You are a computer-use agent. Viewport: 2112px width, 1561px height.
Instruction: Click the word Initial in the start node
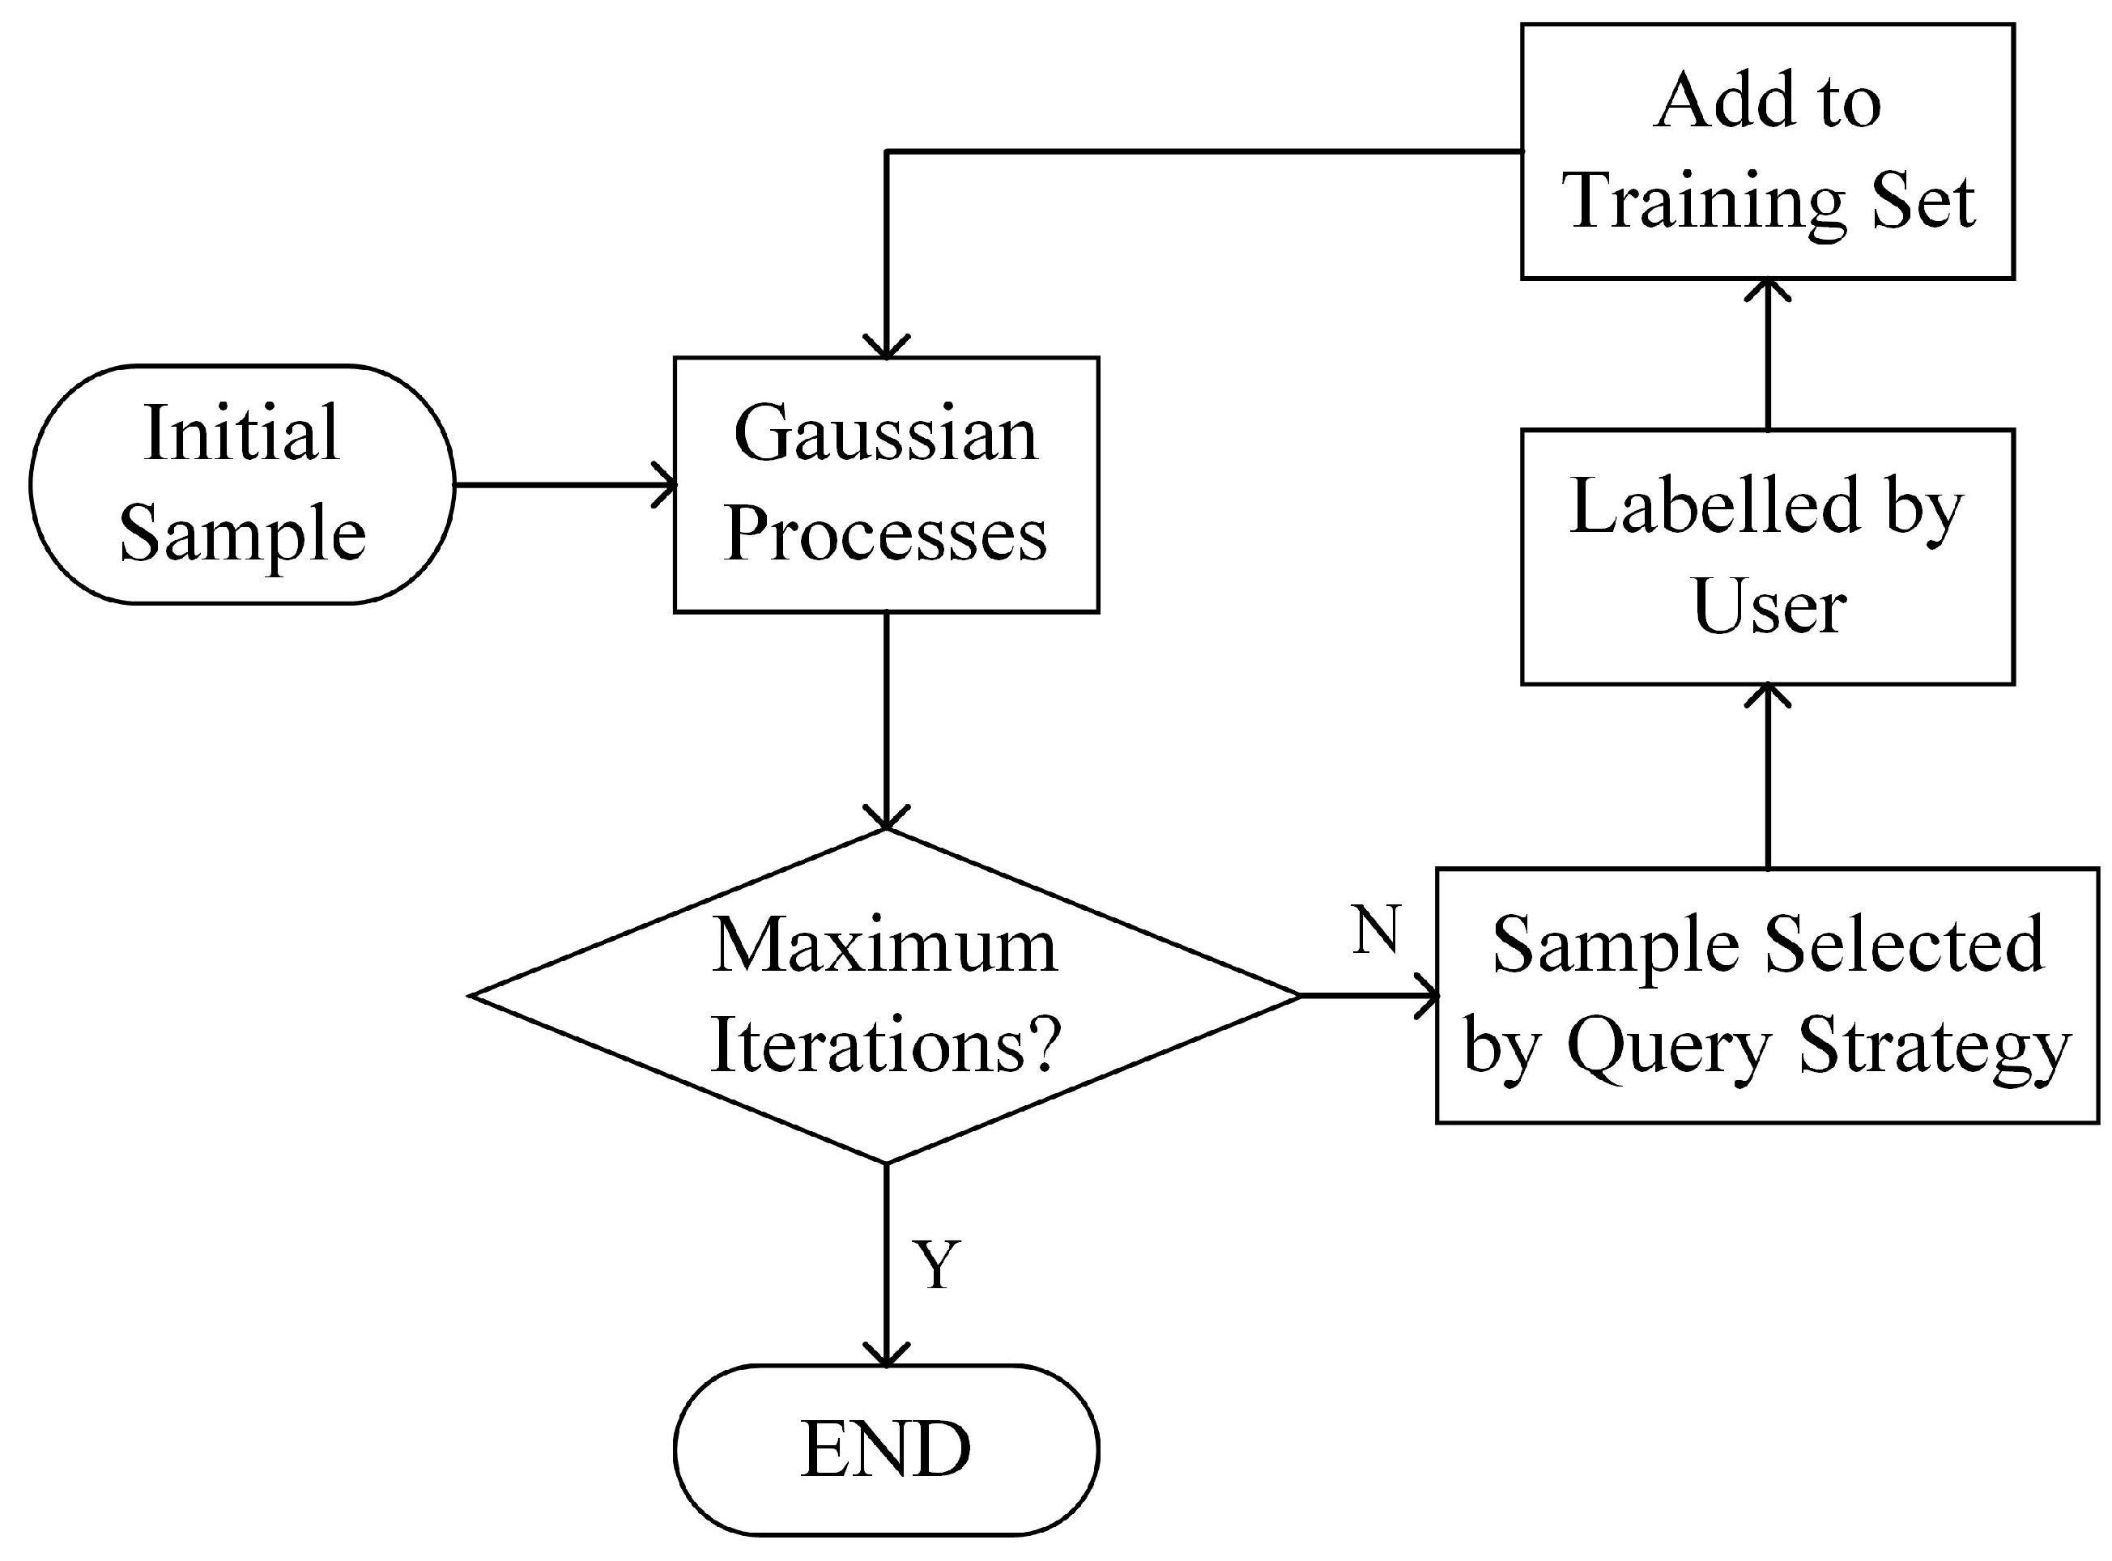[241, 433]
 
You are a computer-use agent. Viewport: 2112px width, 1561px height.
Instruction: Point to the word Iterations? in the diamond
[885, 1045]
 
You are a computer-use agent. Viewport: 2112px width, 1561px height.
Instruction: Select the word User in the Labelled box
[1768, 606]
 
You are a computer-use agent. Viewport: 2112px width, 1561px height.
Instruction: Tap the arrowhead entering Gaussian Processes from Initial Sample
[666, 486]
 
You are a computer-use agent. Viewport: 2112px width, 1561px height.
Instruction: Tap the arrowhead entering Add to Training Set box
[1767, 289]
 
